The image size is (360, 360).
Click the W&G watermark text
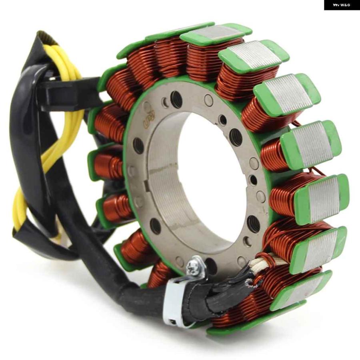[342, 5]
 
